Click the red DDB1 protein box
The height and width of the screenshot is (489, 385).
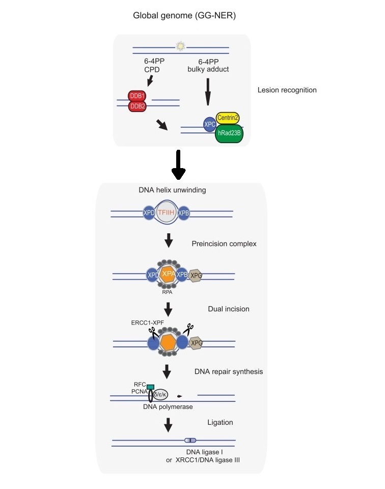coord(137,96)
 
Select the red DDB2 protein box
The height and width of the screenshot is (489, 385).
coord(137,106)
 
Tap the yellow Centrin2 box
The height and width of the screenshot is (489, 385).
coord(228,118)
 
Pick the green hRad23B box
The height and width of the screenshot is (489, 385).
coord(229,133)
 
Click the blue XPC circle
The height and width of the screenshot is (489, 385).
coord(209,124)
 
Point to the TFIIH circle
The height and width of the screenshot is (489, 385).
coord(166,212)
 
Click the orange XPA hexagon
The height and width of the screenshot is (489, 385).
coord(169,274)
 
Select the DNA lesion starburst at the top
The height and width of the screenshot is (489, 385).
coord(180,46)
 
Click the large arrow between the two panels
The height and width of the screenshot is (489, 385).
coord(178,165)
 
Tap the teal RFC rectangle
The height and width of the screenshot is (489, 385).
coord(150,387)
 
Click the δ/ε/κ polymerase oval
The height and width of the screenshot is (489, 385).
coord(160,394)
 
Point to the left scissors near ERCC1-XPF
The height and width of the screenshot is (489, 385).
coord(153,332)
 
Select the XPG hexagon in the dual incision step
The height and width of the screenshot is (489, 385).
coord(196,343)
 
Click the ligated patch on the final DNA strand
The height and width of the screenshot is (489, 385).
coord(190,440)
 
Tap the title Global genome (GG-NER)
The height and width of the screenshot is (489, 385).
coord(184,15)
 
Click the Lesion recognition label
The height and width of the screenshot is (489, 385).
coord(287,90)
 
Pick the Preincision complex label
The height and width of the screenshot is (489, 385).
coord(224,243)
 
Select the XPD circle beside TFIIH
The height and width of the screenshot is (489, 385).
coord(149,213)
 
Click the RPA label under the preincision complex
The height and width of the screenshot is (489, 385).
coord(167,292)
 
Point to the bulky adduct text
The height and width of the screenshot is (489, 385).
coord(208,69)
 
